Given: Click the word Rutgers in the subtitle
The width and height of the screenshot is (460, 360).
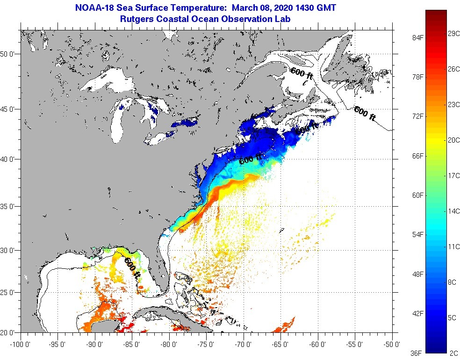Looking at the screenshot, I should point(138,19).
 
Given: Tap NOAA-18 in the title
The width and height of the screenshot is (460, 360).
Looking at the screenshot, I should point(93,8).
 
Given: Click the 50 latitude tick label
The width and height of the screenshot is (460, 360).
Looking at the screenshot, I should point(9,54).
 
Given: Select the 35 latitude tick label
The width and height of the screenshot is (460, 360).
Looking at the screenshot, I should point(9,206).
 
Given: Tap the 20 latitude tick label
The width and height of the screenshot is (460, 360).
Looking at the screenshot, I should point(9,332).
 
